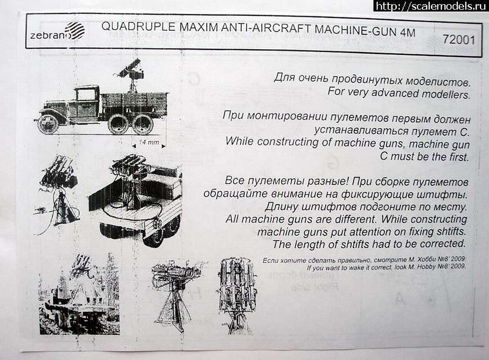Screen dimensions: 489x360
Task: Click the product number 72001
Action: pos(459,40)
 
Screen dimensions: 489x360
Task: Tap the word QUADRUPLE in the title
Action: pos(139,27)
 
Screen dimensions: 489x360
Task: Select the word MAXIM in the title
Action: pos(199,27)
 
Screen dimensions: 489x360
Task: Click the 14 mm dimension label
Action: pos(149,143)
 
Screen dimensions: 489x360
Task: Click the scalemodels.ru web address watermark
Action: pos(430,6)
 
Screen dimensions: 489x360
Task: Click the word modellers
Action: pos(446,94)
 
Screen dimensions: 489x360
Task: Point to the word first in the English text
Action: pos(456,156)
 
